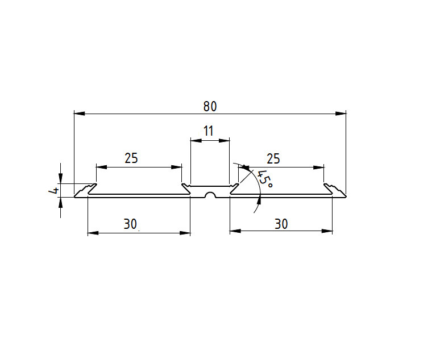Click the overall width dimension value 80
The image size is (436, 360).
(x=210, y=106)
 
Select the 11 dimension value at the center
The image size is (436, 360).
(x=209, y=131)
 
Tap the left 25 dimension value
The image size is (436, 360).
(x=131, y=158)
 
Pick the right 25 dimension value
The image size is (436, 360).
(x=273, y=159)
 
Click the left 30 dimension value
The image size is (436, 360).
(x=130, y=224)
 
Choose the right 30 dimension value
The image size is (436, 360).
(x=281, y=224)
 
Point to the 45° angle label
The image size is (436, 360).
(x=264, y=179)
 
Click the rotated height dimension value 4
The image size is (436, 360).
(x=53, y=191)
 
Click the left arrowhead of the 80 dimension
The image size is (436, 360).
(x=80, y=114)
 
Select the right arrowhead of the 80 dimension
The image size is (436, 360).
(x=341, y=114)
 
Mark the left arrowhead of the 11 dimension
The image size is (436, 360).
(x=196, y=141)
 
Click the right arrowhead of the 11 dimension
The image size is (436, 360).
(x=224, y=141)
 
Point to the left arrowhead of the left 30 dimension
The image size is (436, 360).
(x=93, y=233)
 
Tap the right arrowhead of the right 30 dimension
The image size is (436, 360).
(x=327, y=231)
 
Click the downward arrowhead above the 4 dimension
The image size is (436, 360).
(x=61, y=178)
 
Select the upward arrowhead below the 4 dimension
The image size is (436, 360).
(x=61, y=203)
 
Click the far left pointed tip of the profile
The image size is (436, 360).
(x=74, y=197)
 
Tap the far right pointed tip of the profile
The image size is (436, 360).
(x=346, y=196)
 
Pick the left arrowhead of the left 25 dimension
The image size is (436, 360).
(x=102, y=167)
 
